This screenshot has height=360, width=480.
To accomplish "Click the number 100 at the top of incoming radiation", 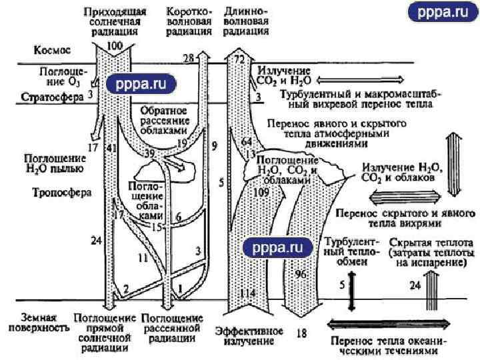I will (115, 45).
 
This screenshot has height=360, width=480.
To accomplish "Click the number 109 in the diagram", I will (262, 192).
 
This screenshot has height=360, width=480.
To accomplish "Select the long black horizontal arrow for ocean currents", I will (393, 324).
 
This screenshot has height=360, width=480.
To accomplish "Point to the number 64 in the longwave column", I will (247, 142).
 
